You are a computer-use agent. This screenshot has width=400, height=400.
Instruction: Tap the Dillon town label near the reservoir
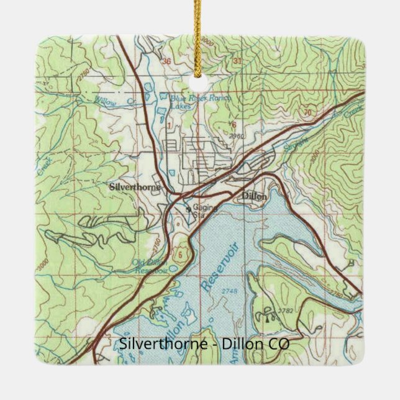[x=253, y=196]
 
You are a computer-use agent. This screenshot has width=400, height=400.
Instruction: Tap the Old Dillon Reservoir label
[x=150, y=266]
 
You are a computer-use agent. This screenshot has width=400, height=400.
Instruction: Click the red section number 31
[x=237, y=61]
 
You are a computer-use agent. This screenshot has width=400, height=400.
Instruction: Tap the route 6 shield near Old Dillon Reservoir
[x=180, y=254]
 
